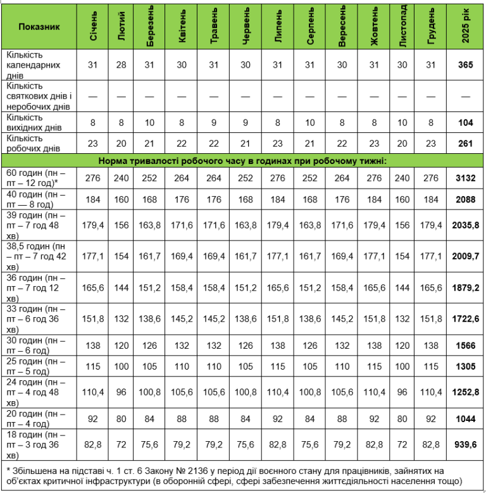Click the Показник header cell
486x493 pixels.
(x=40, y=28)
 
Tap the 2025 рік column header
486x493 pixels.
(x=466, y=28)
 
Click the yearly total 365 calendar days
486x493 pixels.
(x=466, y=65)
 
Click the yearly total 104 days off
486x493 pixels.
(x=466, y=123)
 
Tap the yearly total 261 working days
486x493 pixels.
(x=466, y=144)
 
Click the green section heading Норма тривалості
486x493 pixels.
(x=242, y=161)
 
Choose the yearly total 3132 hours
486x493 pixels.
(x=466, y=178)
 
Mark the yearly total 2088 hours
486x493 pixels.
(x=466, y=199)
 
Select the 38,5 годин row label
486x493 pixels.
(x=39, y=255)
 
